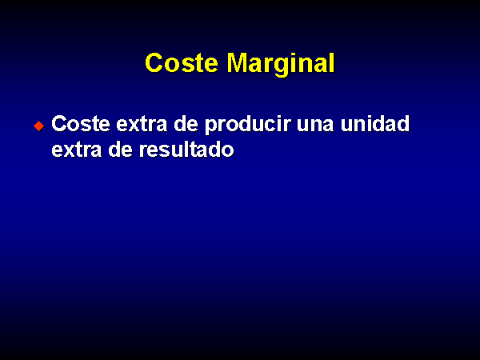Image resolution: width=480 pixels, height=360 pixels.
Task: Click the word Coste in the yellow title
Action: pyautogui.click(x=182, y=62)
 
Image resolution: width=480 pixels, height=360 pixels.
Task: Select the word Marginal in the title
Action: pyautogui.click(x=281, y=64)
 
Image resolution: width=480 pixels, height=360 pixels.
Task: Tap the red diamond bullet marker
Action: pyautogui.click(x=39, y=126)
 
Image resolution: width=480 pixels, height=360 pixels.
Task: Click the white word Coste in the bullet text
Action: pyautogui.click(x=81, y=124)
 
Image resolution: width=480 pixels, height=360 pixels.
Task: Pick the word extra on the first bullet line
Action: pyautogui.click(x=142, y=125)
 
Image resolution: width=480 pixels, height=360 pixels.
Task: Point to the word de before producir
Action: pyautogui.click(x=186, y=124)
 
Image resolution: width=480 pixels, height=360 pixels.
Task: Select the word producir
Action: pyautogui.click(x=248, y=126)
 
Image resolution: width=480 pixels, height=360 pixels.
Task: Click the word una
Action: pyautogui.click(x=315, y=126)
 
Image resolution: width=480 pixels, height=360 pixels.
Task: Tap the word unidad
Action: pyautogui.click(x=375, y=124)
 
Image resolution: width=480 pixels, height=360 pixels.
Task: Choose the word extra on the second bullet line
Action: pyautogui.click(x=77, y=150)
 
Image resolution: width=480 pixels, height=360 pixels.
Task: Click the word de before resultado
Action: pyautogui.click(x=121, y=150)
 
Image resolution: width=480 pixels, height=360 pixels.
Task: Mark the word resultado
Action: pyautogui.click(x=186, y=150)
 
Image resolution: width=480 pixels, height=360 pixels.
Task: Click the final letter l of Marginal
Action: pyautogui.click(x=333, y=62)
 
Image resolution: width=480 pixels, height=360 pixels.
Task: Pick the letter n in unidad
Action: pyautogui.click(x=360, y=126)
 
